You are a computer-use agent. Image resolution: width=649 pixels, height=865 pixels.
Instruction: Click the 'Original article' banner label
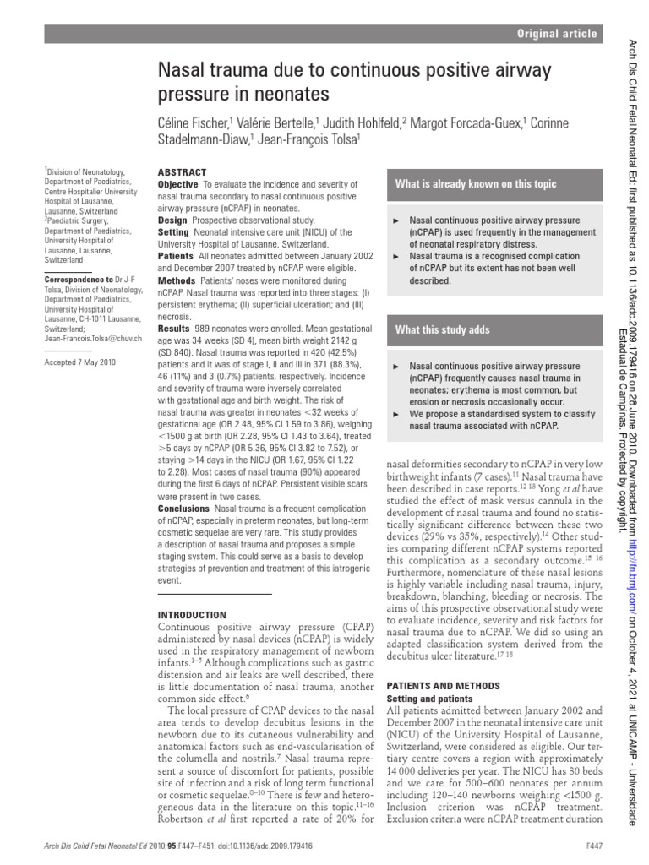[x=558, y=34]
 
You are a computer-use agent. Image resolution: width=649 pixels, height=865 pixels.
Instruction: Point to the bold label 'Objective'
[x=178, y=184]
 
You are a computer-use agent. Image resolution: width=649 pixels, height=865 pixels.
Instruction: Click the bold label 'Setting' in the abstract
[x=174, y=231]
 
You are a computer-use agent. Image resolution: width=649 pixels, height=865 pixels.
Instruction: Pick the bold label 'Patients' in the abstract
[x=176, y=255]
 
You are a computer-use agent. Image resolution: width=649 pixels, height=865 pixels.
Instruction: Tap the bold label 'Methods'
[x=177, y=279]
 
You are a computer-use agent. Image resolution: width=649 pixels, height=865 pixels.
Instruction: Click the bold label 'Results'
[x=175, y=327]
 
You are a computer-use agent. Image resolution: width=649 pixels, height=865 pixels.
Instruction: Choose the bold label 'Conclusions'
[x=184, y=509]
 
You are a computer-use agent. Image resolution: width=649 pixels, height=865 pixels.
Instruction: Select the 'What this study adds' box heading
[x=442, y=329]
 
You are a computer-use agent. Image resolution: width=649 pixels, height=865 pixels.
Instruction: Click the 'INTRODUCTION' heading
[x=193, y=614]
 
